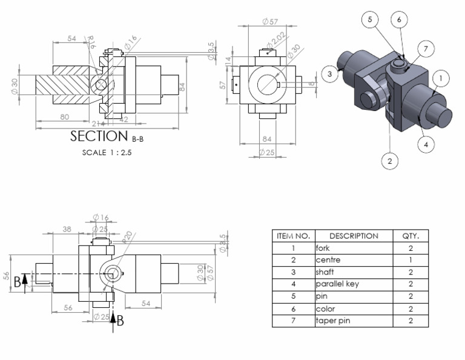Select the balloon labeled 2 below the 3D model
pyautogui.click(x=390, y=161)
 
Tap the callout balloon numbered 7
pyautogui.click(x=426, y=48)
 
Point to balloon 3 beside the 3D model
pyautogui.click(x=329, y=74)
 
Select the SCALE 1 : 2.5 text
pyautogui.click(x=107, y=153)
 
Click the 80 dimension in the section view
pyautogui.click(x=64, y=116)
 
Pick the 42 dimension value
pyautogui.click(x=124, y=119)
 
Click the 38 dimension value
pyautogui.click(x=67, y=229)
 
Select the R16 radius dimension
pyautogui.click(x=92, y=43)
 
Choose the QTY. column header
pyautogui.click(x=411, y=236)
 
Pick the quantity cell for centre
pyautogui.click(x=411, y=260)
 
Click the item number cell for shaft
pyautogui.click(x=293, y=272)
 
